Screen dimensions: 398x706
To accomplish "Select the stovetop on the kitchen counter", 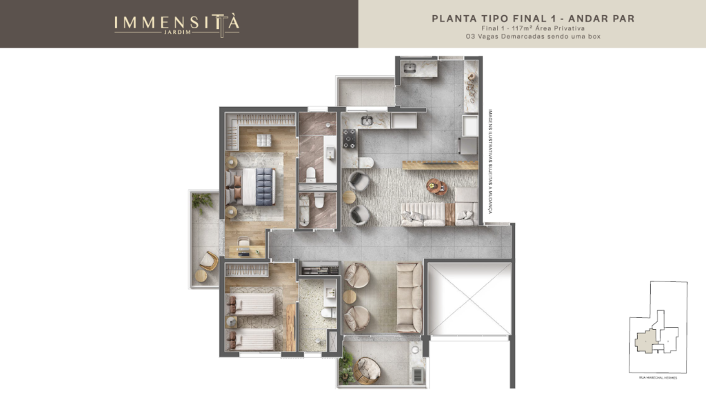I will pyautogui.click(x=349, y=139).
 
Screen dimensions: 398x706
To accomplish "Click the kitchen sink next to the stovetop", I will pyautogui.click(x=367, y=121).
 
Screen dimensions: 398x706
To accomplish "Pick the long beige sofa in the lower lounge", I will pyautogui.click(x=409, y=297).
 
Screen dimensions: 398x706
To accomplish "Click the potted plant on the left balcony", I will pyautogui.click(x=202, y=202).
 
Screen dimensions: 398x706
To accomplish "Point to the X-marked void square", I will pyautogui.click(x=470, y=297).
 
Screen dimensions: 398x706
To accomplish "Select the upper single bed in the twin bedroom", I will pyautogui.click(x=252, y=304).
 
